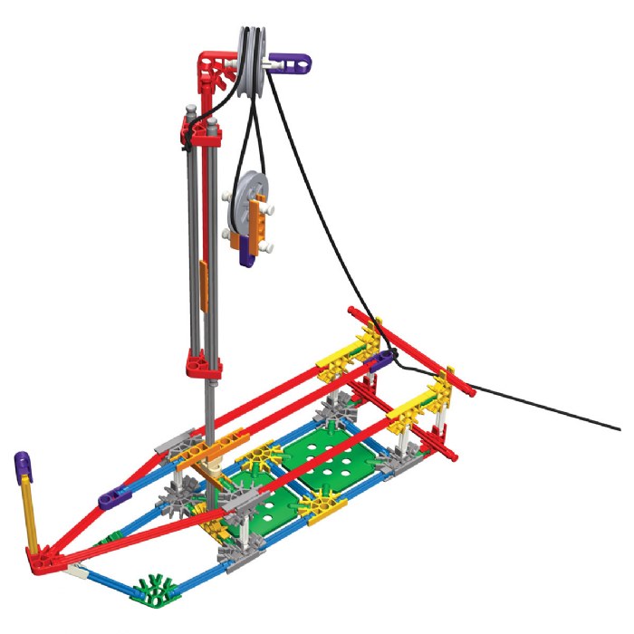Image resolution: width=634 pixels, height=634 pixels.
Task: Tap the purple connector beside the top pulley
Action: tap(291, 62)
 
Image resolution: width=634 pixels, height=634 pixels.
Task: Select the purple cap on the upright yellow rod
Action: tap(22, 467)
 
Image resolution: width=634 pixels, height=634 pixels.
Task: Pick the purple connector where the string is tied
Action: tap(384, 360)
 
